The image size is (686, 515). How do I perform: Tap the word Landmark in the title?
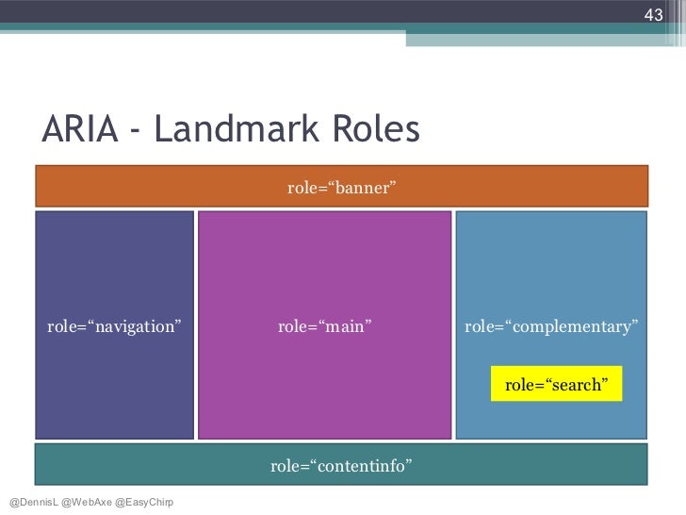point(242,131)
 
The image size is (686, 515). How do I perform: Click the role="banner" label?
point(340,189)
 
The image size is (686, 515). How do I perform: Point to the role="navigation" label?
point(114,326)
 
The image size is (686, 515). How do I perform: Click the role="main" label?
point(324,326)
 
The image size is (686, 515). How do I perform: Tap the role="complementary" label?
point(551,326)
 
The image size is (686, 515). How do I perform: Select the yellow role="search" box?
point(556,384)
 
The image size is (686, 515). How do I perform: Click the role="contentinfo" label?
point(341,465)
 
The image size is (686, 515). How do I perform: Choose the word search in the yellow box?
point(571,384)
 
